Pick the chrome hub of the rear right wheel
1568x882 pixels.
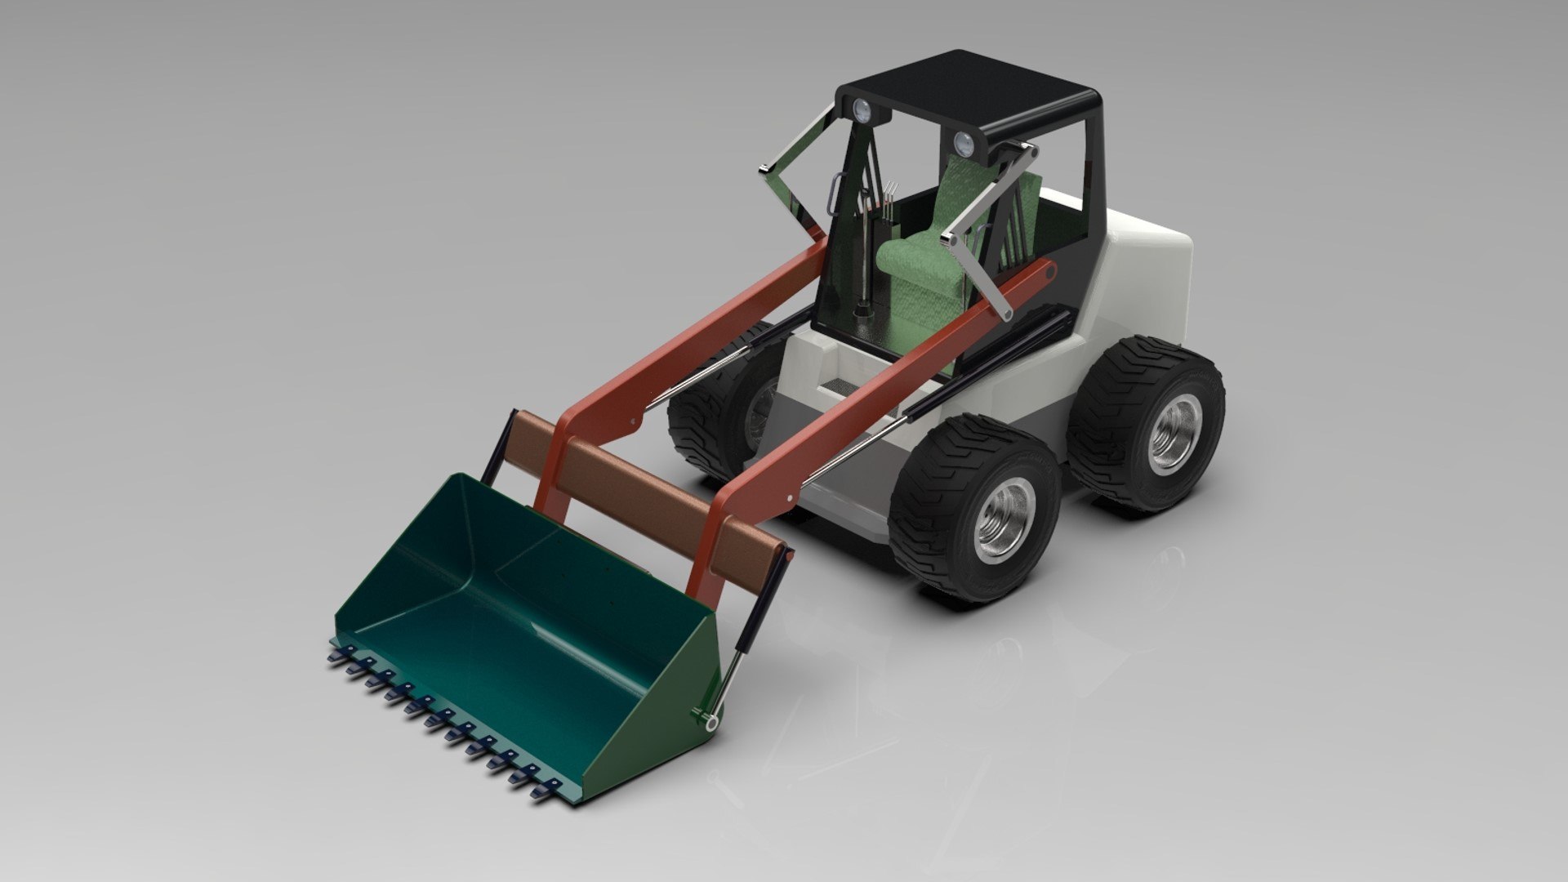[1176, 433]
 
